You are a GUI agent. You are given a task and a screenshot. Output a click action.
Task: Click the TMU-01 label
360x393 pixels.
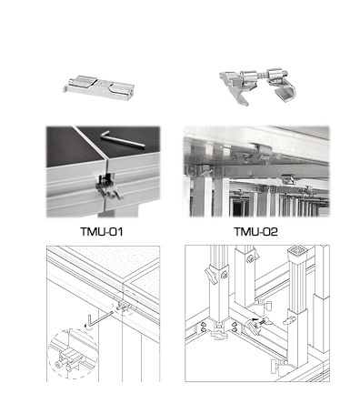[x=102, y=232]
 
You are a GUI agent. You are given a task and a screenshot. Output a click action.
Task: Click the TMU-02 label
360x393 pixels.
[x=256, y=232]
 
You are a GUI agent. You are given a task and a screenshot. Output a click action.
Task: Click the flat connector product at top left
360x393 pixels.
[x=99, y=85]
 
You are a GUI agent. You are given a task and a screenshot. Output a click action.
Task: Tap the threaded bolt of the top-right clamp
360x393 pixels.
[x=263, y=75]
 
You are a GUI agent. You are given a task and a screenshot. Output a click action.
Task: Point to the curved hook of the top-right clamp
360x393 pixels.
[x=285, y=93]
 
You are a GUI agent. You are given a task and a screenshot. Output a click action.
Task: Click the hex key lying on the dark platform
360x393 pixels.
[x=122, y=139]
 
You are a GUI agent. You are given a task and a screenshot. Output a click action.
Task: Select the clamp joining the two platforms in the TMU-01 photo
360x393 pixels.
[x=106, y=186]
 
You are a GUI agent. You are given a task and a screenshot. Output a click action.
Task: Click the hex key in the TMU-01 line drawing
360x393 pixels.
[x=97, y=318]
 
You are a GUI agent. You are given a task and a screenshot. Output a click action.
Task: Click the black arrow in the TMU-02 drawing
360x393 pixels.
[x=256, y=320]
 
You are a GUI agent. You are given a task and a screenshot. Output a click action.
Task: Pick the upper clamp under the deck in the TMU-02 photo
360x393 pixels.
[x=263, y=151]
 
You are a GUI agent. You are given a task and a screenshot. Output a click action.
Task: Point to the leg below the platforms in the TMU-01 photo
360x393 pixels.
[x=118, y=211]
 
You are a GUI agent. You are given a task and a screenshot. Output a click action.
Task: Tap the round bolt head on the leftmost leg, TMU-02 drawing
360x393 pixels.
[x=225, y=276]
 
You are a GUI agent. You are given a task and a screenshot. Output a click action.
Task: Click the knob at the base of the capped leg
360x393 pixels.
[x=276, y=363]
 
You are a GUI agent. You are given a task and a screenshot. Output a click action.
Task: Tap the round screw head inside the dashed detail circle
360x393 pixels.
[x=58, y=364]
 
